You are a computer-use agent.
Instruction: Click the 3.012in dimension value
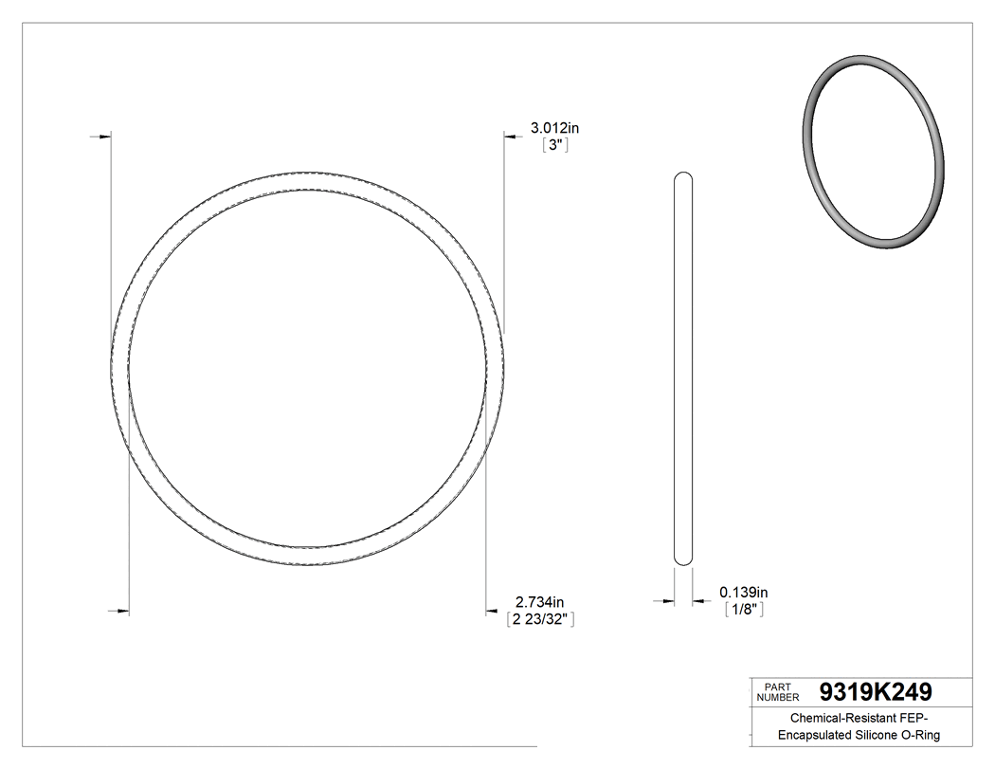554,128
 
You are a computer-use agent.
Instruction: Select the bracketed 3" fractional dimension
553,146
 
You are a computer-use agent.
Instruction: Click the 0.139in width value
744,592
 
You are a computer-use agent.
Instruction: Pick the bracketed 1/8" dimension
744,610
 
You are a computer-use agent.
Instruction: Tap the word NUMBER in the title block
780,697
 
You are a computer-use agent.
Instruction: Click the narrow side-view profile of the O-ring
682,370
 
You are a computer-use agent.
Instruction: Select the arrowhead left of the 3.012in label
510,137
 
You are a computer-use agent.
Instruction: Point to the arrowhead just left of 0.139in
698,600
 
